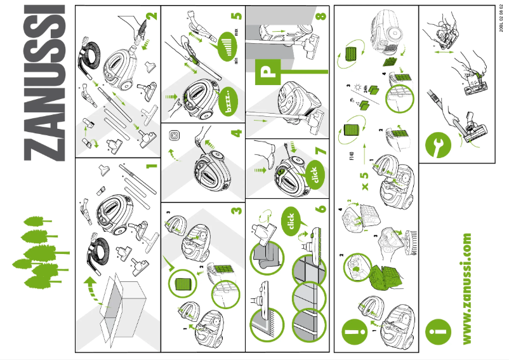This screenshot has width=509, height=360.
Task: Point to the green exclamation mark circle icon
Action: tap(352, 331)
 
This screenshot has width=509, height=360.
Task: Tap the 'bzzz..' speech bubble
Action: tap(227, 104)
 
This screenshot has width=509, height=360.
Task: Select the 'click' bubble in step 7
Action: tap(314, 172)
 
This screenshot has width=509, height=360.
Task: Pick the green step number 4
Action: tap(235, 133)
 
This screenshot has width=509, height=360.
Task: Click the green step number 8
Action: tap(320, 16)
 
